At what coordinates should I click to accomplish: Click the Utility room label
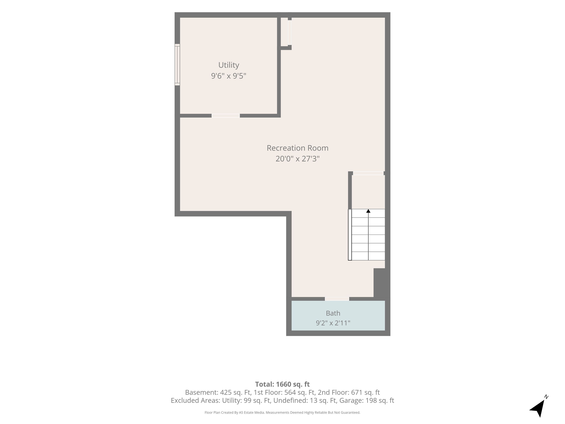pyautogui.click(x=229, y=65)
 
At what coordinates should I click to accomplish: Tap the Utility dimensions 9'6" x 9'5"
pyautogui.click(x=229, y=76)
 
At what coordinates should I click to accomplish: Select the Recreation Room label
pyautogui.click(x=298, y=148)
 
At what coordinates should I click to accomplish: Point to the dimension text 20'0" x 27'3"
pyautogui.click(x=298, y=159)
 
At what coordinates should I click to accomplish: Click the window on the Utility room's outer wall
pyautogui.click(x=177, y=65)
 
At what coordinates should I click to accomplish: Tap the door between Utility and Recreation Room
pyautogui.click(x=226, y=116)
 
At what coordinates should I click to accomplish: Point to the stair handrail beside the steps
pyautogui.click(x=350, y=235)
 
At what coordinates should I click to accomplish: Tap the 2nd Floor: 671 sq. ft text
pyautogui.click(x=349, y=392)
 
